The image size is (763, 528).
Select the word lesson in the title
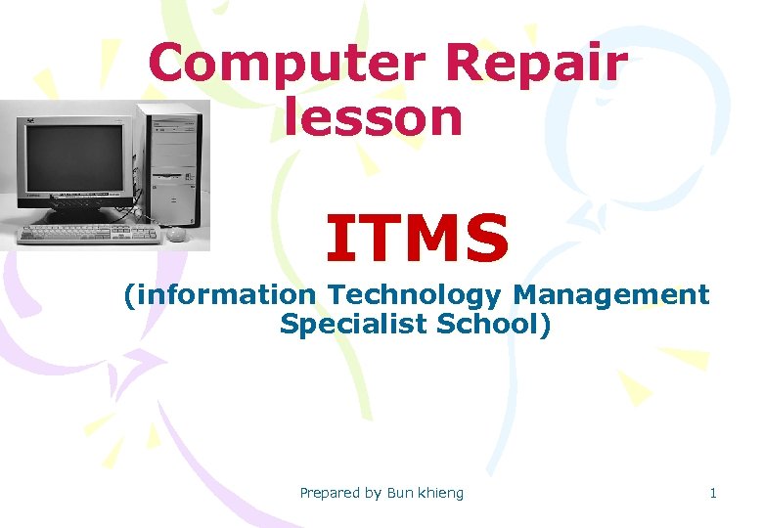click(374, 116)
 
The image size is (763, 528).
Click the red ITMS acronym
click(418, 240)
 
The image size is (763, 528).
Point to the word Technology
click(409, 294)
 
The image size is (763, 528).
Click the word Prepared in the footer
click(330, 493)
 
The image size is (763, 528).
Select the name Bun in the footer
click(400, 493)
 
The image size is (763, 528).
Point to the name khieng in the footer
click(441, 493)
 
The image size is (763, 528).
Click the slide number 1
click(713, 493)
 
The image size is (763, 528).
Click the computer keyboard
click(88, 234)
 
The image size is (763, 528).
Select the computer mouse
click(176, 234)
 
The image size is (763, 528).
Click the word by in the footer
click(373, 493)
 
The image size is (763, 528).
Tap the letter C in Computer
click(168, 65)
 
